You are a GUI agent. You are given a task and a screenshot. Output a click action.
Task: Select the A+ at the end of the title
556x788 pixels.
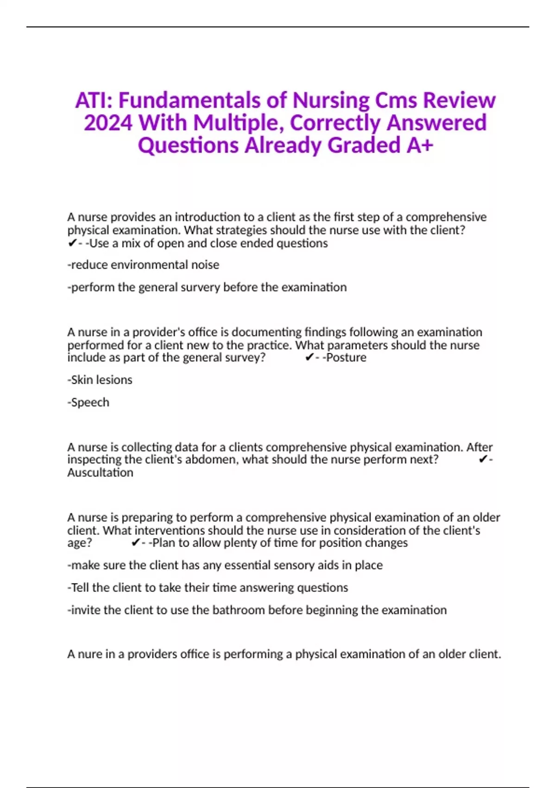tap(420, 146)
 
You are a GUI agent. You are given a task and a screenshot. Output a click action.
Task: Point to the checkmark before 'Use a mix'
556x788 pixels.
tap(72, 243)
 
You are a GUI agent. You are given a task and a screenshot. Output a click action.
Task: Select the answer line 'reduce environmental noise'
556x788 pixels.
tap(144, 265)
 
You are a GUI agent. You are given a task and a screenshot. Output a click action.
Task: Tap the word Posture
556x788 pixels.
tap(346, 357)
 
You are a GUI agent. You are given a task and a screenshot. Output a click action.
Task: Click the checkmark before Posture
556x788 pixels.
tap(310, 357)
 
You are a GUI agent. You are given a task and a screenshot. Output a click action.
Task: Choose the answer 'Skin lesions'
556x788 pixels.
tap(100, 380)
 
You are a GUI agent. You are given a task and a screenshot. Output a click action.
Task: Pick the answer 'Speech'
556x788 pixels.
tap(89, 402)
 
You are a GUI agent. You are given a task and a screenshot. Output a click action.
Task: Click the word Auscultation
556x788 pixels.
tap(100, 473)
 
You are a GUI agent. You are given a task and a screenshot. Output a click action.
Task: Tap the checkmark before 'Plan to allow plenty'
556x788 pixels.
tap(136, 543)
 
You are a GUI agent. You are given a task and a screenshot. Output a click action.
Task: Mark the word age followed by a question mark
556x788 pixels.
tap(77, 543)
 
